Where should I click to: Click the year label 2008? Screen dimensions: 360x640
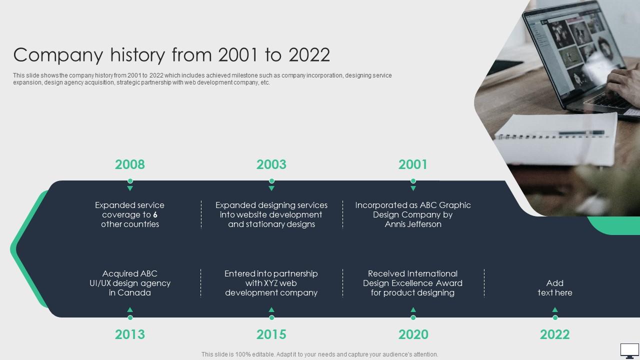click(x=130, y=164)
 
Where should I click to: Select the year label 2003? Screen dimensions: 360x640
click(x=271, y=164)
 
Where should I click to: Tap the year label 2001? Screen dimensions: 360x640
click(x=413, y=164)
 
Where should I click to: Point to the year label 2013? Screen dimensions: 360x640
click(x=130, y=334)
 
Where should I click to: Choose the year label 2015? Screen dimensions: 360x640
click(x=271, y=334)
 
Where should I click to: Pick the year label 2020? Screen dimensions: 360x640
click(x=413, y=334)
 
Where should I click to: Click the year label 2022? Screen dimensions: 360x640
click(x=554, y=334)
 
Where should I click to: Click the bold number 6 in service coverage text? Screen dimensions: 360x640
click(x=155, y=215)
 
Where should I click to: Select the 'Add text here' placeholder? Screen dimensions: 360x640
click(x=554, y=288)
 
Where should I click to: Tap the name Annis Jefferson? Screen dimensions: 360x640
click(x=413, y=224)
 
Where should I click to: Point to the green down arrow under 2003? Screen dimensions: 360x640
click(x=271, y=188)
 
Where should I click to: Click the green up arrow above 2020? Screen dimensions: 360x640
click(x=413, y=310)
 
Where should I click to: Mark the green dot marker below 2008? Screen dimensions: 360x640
click(x=130, y=181)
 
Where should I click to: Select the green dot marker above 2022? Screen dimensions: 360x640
click(x=554, y=317)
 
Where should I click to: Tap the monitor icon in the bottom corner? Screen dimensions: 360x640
click(x=629, y=350)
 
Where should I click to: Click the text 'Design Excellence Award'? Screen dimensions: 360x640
click(x=413, y=283)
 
